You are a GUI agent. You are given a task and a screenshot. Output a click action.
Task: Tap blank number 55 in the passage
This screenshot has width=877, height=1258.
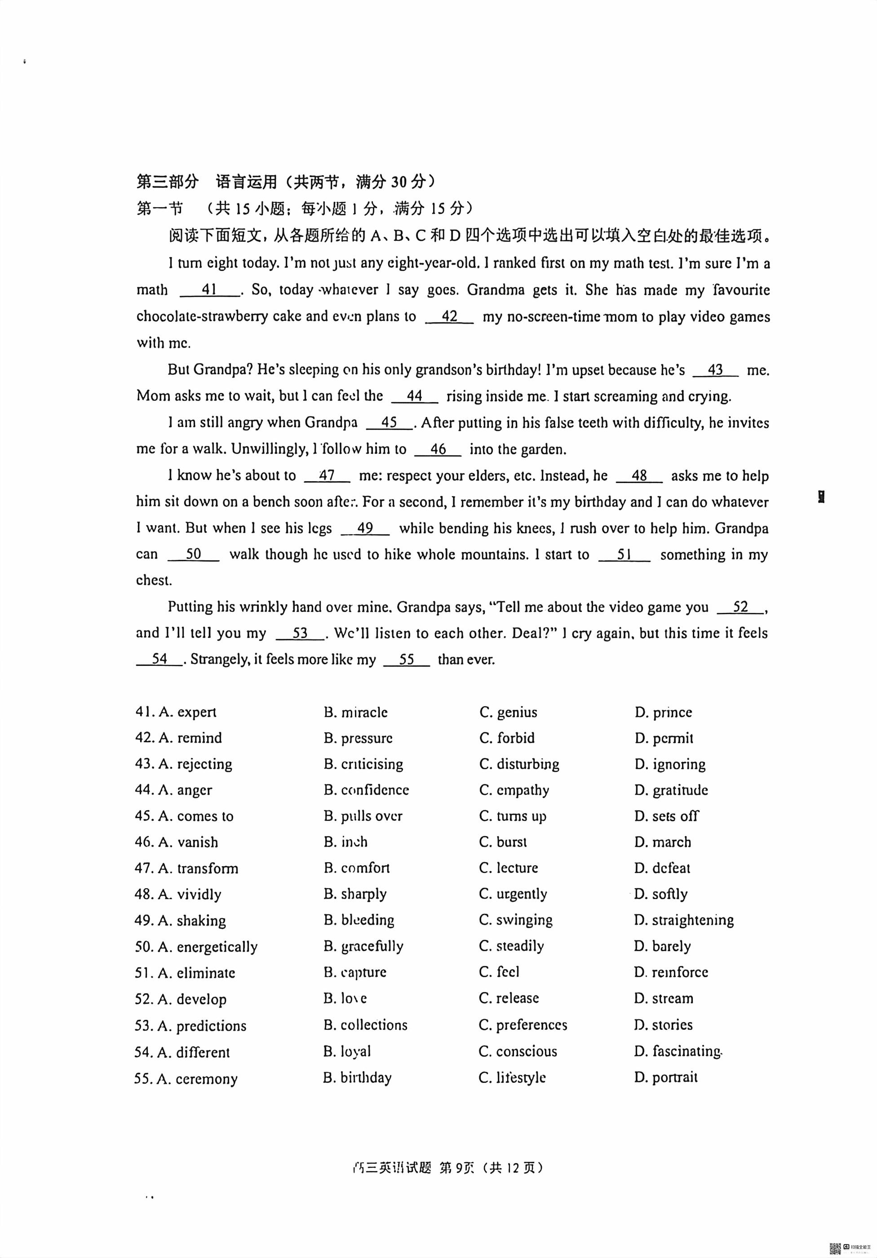coord(407,659)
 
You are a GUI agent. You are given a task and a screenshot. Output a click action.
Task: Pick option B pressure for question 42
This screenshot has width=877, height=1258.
coord(358,738)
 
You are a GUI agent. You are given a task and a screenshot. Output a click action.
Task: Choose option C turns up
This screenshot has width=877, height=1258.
coord(512,816)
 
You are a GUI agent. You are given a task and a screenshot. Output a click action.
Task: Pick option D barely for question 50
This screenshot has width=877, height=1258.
coord(662,946)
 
